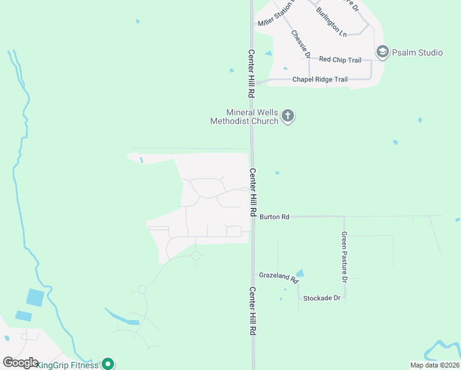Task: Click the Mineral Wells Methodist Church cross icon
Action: (288, 115)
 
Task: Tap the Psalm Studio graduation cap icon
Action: (383, 52)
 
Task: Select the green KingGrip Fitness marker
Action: (108, 364)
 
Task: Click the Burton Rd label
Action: (274, 217)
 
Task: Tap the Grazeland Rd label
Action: (279, 276)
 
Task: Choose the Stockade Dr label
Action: (321, 298)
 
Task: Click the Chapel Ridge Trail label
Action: (320, 80)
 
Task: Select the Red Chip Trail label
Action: (340, 60)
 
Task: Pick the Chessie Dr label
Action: (300, 43)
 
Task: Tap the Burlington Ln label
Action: (331, 21)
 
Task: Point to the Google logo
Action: (20, 363)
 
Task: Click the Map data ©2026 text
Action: (434, 365)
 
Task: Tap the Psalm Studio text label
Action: (417, 52)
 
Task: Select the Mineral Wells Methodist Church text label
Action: (245, 117)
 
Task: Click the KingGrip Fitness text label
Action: (68, 365)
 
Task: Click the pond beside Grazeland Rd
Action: (300, 273)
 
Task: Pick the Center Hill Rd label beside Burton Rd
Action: (253, 192)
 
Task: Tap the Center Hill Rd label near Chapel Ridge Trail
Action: (251, 74)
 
